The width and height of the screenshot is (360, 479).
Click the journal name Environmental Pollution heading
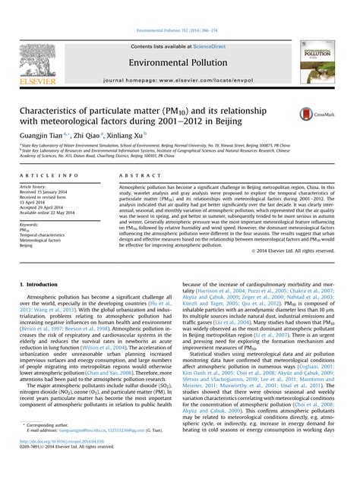tap(179, 61)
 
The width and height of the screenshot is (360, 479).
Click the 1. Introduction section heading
tap(37, 283)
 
